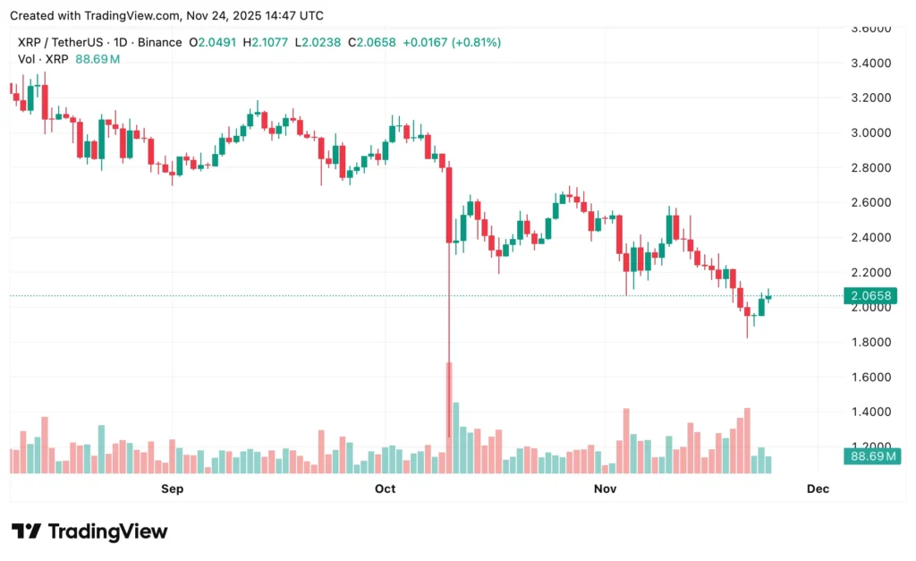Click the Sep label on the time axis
pos(172,489)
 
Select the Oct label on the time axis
pos(386,489)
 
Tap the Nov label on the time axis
pos(606,489)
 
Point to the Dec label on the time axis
pos(818,489)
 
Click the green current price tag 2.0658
pos(870,296)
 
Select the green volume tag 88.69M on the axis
pos(870,457)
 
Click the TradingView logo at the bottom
pos(89,531)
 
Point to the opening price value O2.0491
pos(211,42)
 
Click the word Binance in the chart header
pos(157,42)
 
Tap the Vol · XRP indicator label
pos(41,59)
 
